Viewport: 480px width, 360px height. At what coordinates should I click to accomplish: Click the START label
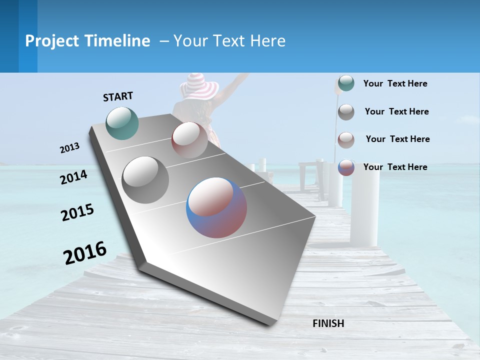click(118, 96)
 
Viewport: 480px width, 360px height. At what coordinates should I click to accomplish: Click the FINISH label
click(328, 323)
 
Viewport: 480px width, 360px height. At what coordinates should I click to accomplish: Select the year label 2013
click(69, 148)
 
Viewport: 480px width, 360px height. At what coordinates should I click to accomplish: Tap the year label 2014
click(73, 177)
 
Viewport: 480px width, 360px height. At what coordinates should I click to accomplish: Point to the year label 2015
click(77, 212)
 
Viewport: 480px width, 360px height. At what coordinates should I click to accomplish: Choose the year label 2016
click(85, 252)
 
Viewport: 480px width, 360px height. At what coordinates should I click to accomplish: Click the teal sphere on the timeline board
click(122, 123)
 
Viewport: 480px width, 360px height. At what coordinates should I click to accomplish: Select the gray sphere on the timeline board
click(145, 179)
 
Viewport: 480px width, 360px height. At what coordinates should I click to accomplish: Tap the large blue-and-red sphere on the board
click(216, 207)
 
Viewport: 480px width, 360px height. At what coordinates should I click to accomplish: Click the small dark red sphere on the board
click(189, 140)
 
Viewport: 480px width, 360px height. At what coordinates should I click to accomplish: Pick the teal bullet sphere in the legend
click(346, 83)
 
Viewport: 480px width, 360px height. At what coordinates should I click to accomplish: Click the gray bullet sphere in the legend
click(346, 112)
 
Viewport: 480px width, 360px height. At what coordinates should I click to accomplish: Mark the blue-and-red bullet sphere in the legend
click(346, 167)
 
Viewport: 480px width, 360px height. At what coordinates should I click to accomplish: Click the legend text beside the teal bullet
click(395, 83)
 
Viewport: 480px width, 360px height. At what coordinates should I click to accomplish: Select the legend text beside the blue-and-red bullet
click(395, 167)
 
